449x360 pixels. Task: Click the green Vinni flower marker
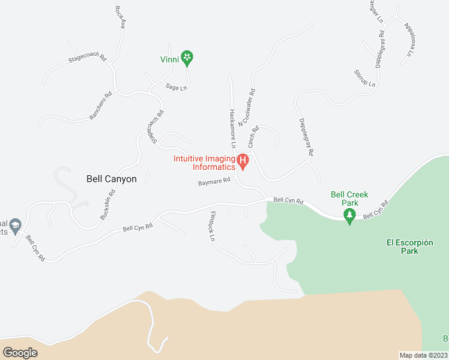[187, 58]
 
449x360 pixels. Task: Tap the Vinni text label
[170, 59]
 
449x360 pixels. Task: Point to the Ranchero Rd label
[101, 106]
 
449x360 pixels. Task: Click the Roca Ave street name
[119, 17]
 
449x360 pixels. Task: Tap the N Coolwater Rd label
[247, 108]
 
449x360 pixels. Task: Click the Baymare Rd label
[215, 181]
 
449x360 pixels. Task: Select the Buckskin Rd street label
[108, 205]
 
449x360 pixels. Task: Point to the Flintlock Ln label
[211, 226]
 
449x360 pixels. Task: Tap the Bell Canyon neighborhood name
[112, 179]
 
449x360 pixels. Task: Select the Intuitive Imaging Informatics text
[204, 163]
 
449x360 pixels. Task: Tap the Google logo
[20, 352]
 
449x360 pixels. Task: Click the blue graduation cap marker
[16, 225]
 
